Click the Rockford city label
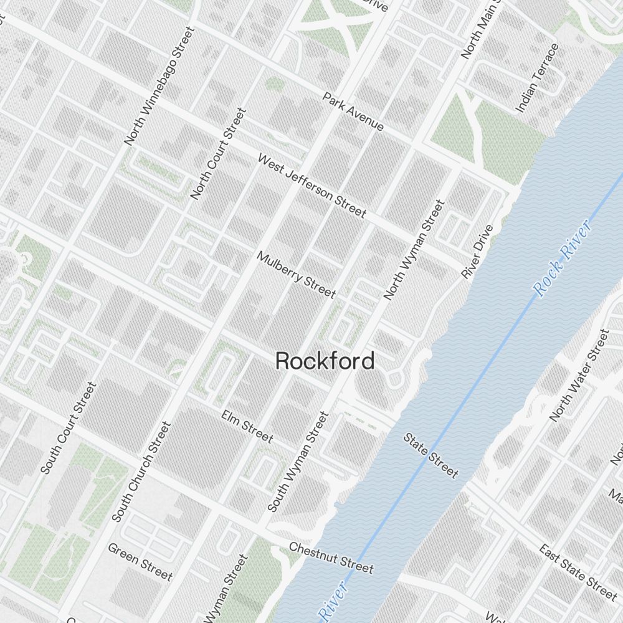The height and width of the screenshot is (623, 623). click(325, 361)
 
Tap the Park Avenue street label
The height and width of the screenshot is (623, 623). click(353, 112)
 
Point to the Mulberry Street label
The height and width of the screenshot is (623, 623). click(296, 275)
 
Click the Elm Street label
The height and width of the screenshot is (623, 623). click(247, 426)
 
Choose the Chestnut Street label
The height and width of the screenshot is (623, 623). click(331, 557)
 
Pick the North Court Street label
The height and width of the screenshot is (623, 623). click(218, 154)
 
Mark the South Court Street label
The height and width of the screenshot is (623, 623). click(69, 427)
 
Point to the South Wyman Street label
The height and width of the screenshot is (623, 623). click(298, 462)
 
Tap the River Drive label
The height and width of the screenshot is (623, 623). click(477, 251)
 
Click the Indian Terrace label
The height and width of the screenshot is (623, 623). click(537, 77)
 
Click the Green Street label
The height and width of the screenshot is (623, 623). click(140, 561)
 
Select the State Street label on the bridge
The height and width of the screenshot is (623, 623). click(430, 455)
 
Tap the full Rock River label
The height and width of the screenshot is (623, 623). click(563, 259)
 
